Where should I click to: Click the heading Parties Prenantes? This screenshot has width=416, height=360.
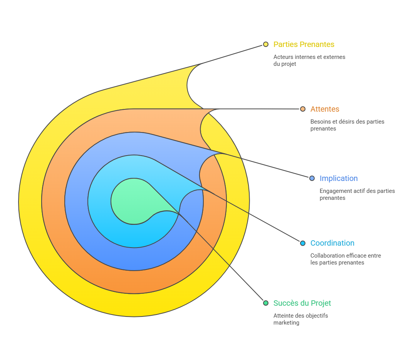[x=304, y=44]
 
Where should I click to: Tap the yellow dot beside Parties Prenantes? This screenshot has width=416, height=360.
[x=266, y=44]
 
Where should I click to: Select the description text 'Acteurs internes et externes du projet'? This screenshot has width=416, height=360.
[x=309, y=60]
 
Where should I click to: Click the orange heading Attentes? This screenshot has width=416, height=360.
[x=325, y=109]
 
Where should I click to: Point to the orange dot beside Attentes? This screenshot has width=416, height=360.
[x=303, y=109]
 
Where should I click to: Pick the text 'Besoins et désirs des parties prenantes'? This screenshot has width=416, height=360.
[x=347, y=125]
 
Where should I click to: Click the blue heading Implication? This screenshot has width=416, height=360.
[x=339, y=178]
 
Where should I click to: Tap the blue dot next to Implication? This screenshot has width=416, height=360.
[x=312, y=178]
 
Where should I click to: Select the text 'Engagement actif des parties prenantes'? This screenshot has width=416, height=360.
[x=357, y=194]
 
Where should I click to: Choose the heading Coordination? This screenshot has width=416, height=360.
[x=332, y=243]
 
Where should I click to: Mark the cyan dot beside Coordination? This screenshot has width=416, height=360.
[x=303, y=243]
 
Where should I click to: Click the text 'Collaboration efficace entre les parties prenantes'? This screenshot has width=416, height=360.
[x=346, y=259]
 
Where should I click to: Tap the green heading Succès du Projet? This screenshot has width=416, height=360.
[x=302, y=303]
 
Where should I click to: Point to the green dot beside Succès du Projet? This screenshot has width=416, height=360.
[x=266, y=303]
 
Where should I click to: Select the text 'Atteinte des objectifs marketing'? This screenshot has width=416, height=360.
[x=300, y=319]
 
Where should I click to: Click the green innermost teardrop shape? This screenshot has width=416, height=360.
[x=131, y=200]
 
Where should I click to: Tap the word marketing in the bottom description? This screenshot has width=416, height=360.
[x=286, y=323]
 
